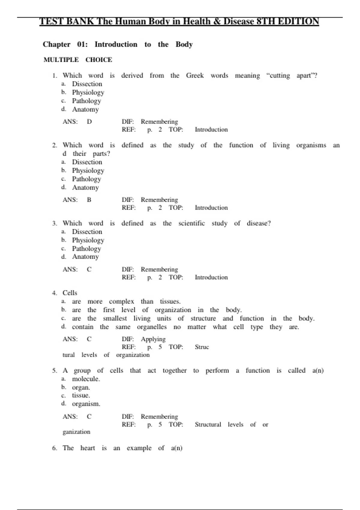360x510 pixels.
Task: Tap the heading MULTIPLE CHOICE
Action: pos(78,60)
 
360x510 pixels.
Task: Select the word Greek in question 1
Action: pos(195,76)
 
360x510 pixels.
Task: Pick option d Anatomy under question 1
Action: pos(85,109)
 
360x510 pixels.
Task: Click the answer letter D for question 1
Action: pos(89,122)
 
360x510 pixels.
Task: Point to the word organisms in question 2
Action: pos(311,145)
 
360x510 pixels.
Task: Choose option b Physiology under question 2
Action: pos(88,171)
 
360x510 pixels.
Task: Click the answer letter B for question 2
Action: pos(89,200)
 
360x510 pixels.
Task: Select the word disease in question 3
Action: pos(259,223)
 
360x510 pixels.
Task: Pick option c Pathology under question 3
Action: pos(86,249)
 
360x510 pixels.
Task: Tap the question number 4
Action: pos(54,293)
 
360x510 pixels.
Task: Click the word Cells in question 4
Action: pos(70,293)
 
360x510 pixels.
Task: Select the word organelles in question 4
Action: pos(151,327)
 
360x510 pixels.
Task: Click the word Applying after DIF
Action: pos(153,339)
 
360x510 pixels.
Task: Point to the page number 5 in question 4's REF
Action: pos(160,347)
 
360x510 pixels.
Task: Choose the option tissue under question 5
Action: pos(81,395)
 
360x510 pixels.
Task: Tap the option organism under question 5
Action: pos(86,404)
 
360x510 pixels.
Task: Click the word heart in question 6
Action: pos(87,448)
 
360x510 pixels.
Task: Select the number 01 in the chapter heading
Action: pos(82,44)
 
